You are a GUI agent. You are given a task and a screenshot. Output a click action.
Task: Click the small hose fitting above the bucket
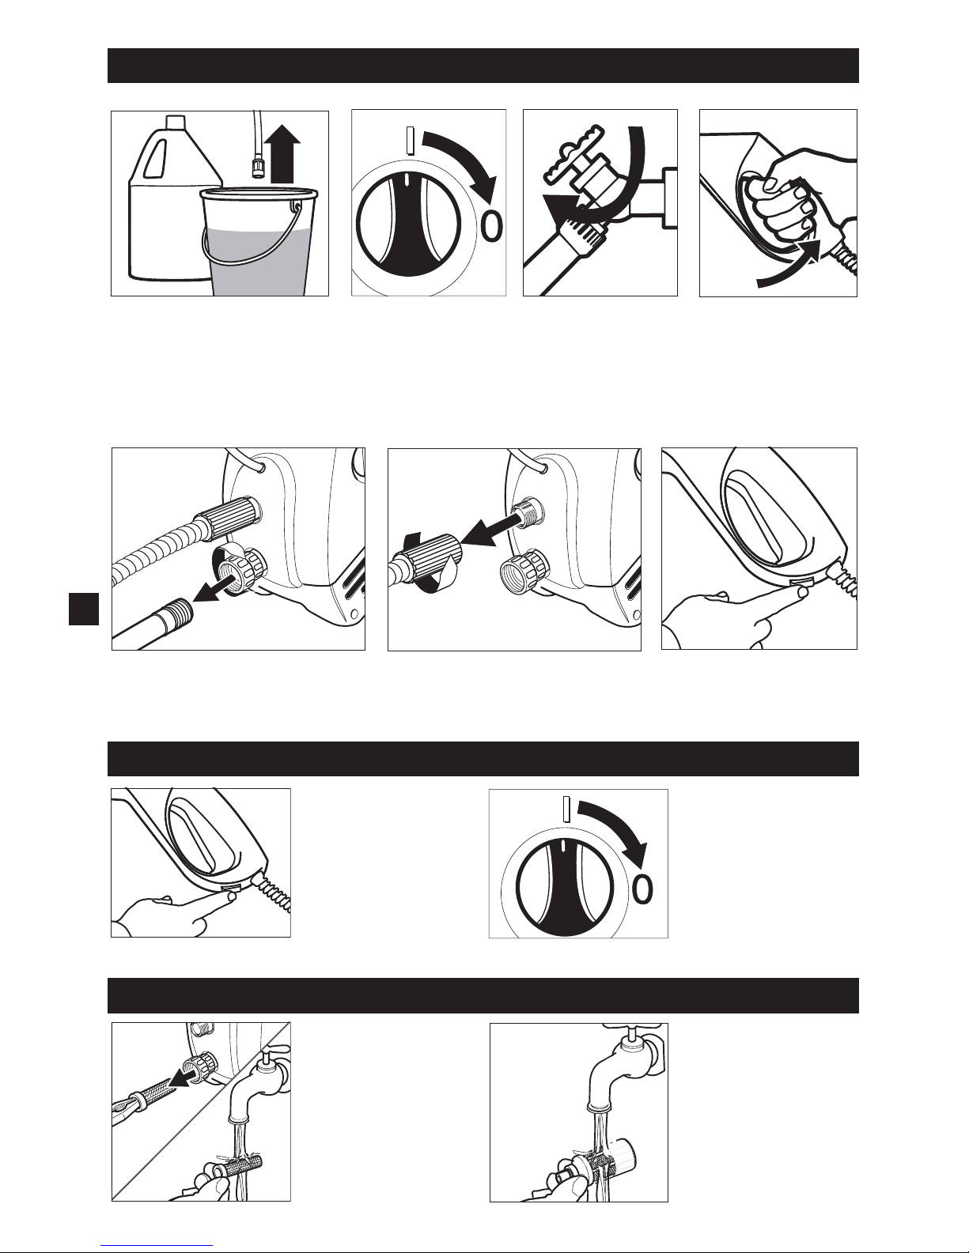point(258,169)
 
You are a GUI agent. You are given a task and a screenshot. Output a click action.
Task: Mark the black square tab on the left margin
point(84,609)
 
